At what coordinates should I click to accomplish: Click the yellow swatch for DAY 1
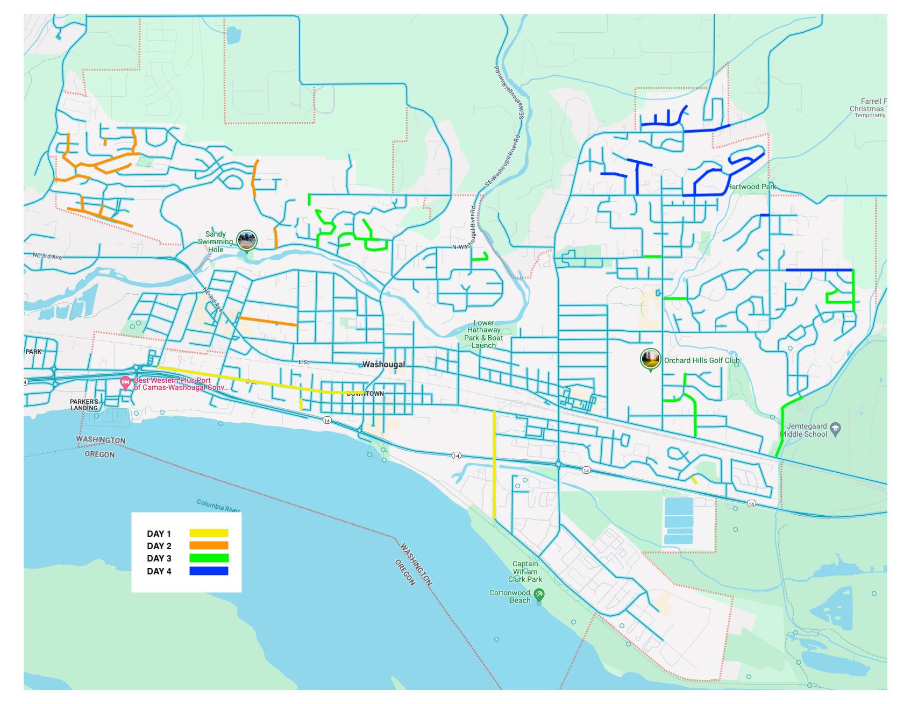tap(209, 533)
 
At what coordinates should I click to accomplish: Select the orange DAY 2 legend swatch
tap(209, 545)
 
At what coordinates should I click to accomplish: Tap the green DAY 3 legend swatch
tap(209, 558)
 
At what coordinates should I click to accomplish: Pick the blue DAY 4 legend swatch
tap(209, 571)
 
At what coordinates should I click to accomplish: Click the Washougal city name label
tap(383, 364)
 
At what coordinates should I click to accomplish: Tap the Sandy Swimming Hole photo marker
tap(247, 240)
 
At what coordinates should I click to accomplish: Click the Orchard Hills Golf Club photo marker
tap(650, 359)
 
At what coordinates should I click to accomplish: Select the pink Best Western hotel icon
tap(125, 383)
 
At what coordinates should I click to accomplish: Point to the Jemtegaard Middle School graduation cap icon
tap(835, 429)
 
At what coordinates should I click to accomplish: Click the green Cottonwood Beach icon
tap(539, 595)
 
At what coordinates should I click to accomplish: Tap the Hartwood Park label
tap(752, 187)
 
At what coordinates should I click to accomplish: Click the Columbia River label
tap(218, 506)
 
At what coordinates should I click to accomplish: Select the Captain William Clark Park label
tap(525, 572)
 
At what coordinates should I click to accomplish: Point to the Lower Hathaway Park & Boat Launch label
tap(483, 334)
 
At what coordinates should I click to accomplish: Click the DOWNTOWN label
tap(365, 394)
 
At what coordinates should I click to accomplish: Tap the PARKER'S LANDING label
tap(84, 404)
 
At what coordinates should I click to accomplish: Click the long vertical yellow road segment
tap(494, 464)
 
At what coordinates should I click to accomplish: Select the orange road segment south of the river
tap(268, 321)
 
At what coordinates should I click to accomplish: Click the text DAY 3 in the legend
tap(159, 558)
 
